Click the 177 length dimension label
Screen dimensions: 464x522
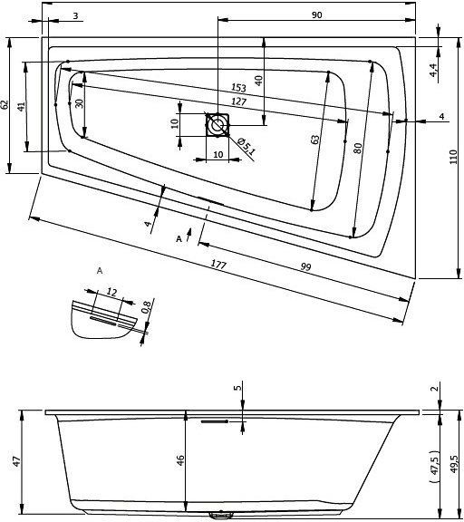pyautogui.click(x=218, y=265)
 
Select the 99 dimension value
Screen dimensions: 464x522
pyautogui.click(x=305, y=266)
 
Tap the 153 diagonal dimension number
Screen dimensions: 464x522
pyautogui.click(x=238, y=88)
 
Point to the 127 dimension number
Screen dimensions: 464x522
pyautogui.click(x=238, y=101)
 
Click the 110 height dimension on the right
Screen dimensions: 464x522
pyautogui.click(x=453, y=157)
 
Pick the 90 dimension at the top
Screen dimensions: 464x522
pyautogui.click(x=317, y=15)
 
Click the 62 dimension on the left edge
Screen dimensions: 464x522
pyautogui.click(x=5, y=104)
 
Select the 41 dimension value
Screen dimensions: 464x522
pyautogui.click(x=21, y=107)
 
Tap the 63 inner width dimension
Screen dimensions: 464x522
pyautogui.click(x=314, y=140)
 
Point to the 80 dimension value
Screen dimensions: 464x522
pyautogui.click(x=358, y=148)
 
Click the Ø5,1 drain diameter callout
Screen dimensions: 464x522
pyautogui.click(x=246, y=147)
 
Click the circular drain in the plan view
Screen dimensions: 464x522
pyautogui.click(x=217, y=125)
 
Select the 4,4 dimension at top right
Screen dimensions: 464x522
pyautogui.click(x=433, y=70)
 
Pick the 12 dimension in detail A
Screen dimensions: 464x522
pyautogui.click(x=111, y=293)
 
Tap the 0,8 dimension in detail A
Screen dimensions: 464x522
pyautogui.click(x=146, y=306)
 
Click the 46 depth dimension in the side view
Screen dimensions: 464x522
pyautogui.click(x=179, y=460)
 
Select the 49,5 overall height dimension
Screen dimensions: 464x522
pyautogui.click(x=454, y=464)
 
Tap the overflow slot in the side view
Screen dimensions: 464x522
pyautogui.click(x=215, y=421)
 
